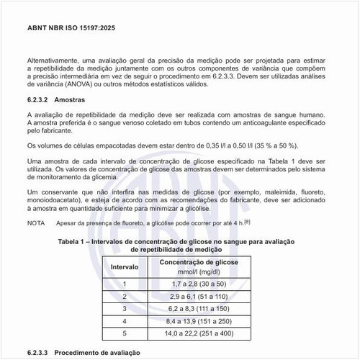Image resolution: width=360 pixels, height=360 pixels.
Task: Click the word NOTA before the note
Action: [36, 223]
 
